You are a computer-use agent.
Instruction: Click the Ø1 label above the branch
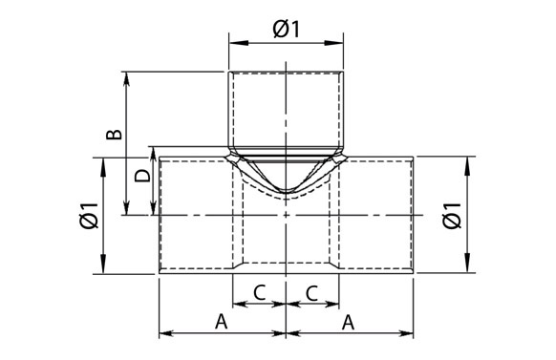point(287,30)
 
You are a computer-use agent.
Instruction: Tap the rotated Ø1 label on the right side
point(452,217)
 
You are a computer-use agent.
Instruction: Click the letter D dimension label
point(140,177)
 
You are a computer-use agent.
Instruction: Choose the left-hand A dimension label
point(222,322)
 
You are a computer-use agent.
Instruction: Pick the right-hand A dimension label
point(349,322)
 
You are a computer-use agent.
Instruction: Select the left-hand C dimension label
point(260,293)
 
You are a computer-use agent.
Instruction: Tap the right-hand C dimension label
point(312,293)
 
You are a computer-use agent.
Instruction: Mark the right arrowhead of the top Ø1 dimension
point(340,43)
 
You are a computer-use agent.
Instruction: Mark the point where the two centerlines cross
point(288,217)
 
